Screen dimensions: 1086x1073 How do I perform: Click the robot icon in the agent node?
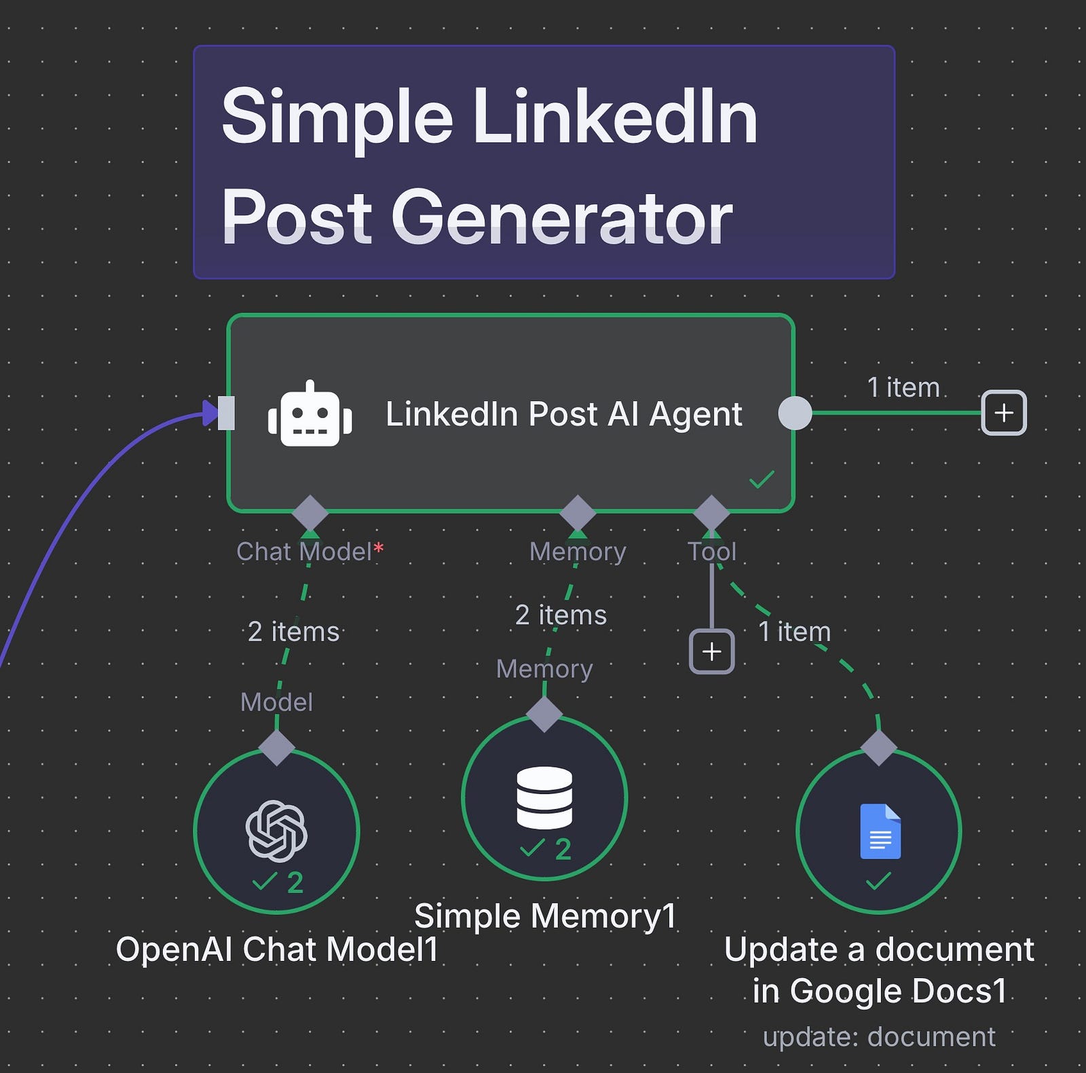pyautogui.click(x=310, y=413)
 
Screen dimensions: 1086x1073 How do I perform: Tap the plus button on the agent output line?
pyautogui.click(x=1004, y=413)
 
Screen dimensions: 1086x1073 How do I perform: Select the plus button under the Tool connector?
pyautogui.click(x=711, y=652)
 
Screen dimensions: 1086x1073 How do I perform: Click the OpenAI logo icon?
pyautogui.click(x=276, y=831)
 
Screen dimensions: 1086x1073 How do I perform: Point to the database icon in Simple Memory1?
pyautogui.click(x=544, y=797)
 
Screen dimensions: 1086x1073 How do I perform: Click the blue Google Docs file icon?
pyautogui.click(x=880, y=831)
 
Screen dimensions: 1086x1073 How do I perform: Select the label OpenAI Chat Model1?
pyautogui.click(x=277, y=949)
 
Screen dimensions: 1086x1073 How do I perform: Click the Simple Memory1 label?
pyautogui.click(x=546, y=916)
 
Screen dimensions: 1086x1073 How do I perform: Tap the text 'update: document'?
pyautogui.click(x=879, y=1036)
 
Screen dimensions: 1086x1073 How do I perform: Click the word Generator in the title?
pyautogui.click(x=562, y=217)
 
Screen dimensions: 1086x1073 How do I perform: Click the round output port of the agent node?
pyautogui.click(x=795, y=413)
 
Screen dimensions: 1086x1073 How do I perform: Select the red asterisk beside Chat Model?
pyautogui.click(x=379, y=548)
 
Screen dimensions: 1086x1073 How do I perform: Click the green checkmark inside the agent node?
pyautogui.click(x=762, y=479)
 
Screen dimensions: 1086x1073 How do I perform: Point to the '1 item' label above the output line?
pyautogui.click(x=903, y=388)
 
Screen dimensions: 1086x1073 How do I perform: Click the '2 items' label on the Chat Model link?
pyautogui.click(x=293, y=632)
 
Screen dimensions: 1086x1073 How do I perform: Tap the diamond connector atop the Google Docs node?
pyautogui.click(x=879, y=748)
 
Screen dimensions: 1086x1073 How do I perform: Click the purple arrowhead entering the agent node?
pyautogui.click(x=212, y=413)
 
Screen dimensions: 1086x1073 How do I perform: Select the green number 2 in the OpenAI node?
pyautogui.click(x=295, y=882)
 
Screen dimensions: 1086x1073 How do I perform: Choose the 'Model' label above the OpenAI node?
pyautogui.click(x=276, y=702)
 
